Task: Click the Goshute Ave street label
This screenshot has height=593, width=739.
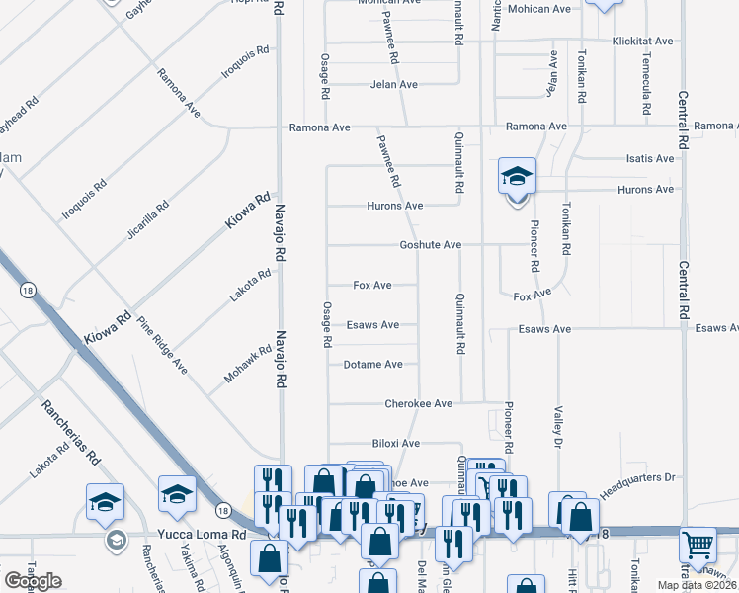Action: (x=430, y=245)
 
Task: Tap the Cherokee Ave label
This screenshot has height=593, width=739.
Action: (x=418, y=404)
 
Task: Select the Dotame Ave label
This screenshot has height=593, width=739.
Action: (x=372, y=365)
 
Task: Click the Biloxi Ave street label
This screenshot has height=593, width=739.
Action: (x=396, y=444)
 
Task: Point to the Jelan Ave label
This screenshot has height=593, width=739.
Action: (x=394, y=85)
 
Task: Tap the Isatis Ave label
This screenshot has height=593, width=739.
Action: (x=650, y=159)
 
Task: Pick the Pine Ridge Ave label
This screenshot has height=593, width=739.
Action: (x=162, y=345)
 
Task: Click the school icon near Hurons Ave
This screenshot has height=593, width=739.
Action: (x=517, y=177)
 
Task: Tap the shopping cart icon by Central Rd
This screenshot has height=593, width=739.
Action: (x=698, y=544)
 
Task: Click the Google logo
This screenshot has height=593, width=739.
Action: (x=34, y=581)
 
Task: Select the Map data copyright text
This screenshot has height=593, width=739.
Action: (x=682, y=585)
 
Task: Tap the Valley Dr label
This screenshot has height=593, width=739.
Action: (x=558, y=426)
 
